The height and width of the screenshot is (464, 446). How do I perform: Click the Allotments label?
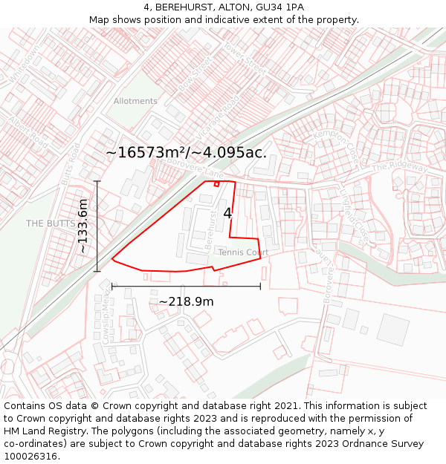(135, 101)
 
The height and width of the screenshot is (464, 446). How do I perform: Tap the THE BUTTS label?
(47, 223)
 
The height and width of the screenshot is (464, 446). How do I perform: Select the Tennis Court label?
(243, 252)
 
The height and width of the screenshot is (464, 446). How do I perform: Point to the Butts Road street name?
(70, 164)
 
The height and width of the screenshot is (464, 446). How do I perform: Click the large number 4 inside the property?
(227, 213)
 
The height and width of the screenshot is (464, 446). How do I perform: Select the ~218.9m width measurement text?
(186, 301)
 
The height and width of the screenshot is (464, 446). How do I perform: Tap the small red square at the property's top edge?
(216, 183)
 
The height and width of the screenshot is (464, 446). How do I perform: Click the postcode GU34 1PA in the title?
(285, 7)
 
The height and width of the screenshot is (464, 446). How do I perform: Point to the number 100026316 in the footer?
(30, 456)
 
